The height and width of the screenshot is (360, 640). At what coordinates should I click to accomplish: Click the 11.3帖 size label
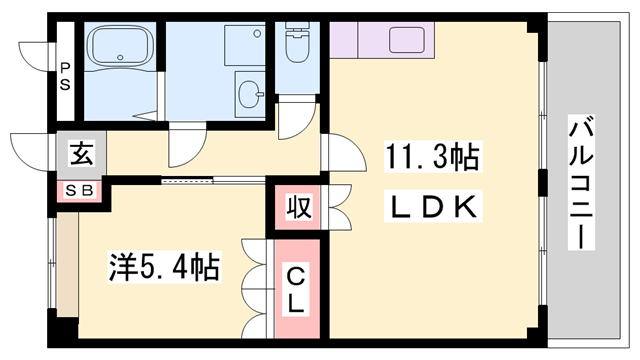point(432,158)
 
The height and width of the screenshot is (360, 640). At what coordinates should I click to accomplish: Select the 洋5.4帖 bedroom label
point(164,266)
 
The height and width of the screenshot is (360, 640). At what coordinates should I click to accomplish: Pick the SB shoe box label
point(79,190)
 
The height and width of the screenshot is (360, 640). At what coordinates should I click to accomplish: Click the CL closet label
point(296,288)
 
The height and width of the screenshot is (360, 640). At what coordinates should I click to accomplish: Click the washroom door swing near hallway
point(186,148)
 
